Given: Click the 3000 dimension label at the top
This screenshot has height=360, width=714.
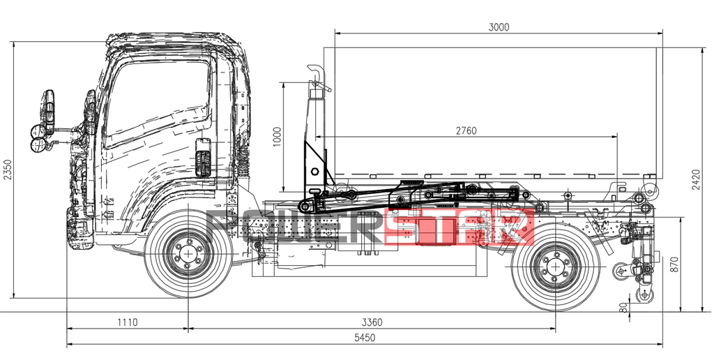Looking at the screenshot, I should click(x=499, y=27).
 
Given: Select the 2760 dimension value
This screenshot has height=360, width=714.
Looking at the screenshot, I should click(x=466, y=131).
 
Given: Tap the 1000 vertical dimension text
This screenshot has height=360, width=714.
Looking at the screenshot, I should click(x=277, y=137).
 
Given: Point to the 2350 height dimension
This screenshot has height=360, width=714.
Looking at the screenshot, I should click(x=8, y=170).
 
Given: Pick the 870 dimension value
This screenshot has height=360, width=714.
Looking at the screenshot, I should click(x=674, y=264).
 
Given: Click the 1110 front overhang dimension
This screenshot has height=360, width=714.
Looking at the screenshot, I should click(x=127, y=322).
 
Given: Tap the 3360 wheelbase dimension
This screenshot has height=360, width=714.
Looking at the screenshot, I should click(x=371, y=322).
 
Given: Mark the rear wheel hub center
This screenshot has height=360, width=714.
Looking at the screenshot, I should click(x=555, y=266).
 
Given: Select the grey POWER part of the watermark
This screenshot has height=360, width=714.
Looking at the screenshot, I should click(x=293, y=229).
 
